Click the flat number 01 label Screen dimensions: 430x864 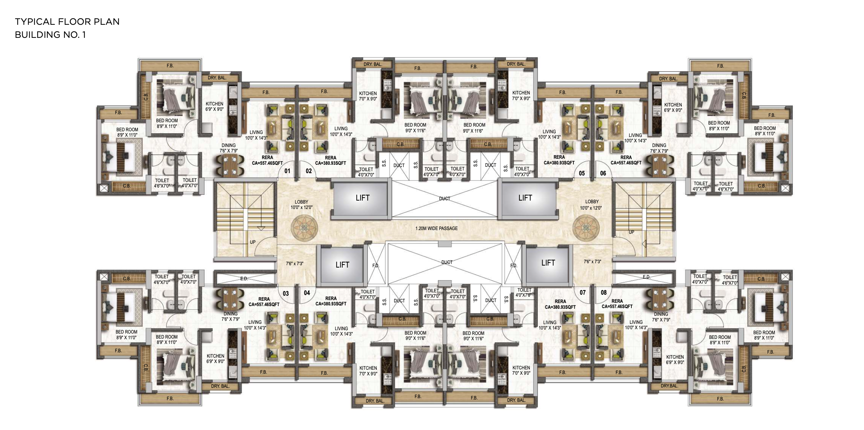(x=288, y=171)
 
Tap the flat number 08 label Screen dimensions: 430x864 (x=603, y=293)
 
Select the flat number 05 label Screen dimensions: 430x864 (x=581, y=173)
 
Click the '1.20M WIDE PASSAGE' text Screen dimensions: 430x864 (x=436, y=228)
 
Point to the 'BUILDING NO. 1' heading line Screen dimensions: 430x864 (x=50, y=35)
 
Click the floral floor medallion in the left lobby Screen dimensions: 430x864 (x=304, y=228)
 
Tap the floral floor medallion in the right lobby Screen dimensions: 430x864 (x=586, y=228)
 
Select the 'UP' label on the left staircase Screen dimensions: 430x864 (x=253, y=242)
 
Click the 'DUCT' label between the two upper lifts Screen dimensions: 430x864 (x=444, y=198)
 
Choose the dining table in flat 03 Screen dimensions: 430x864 (x=230, y=299)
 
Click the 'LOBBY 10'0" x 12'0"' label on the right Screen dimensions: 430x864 (x=591, y=205)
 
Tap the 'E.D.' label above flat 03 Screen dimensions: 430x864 (x=244, y=279)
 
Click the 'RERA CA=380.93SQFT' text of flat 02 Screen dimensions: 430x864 (x=330, y=160)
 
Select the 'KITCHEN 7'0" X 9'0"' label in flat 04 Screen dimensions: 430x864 (x=368, y=371)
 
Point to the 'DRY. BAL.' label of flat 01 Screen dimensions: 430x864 (x=217, y=78)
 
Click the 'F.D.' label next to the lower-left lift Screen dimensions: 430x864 (x=376, y=266)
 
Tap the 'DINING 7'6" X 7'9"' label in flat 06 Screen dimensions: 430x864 (x=659, y=148)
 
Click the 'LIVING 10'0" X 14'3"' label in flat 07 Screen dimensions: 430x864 (x=550, y=325)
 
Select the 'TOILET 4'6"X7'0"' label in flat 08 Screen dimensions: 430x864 (x=730, y=280)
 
